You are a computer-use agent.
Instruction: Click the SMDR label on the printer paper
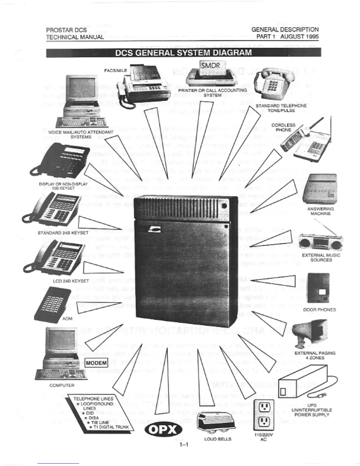coord(211,65)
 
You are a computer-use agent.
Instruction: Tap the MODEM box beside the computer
coord(96,363)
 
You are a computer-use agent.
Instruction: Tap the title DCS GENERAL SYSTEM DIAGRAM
coord(183,53)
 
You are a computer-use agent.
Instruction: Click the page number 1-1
coord(184,445)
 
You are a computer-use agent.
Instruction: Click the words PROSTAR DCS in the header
coord(66,30)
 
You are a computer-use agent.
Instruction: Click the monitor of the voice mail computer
coord(82,89)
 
